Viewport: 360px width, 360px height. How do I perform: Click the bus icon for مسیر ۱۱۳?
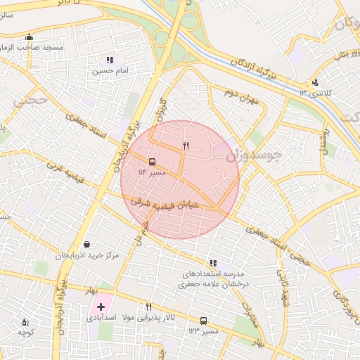pos(153,160)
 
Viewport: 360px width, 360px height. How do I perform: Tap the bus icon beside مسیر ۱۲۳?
pos(203,320)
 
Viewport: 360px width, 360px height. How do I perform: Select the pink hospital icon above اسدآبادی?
pos(100,307)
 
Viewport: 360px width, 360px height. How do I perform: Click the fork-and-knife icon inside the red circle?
pos(186,146)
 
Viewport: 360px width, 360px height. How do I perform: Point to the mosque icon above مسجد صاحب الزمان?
pos(29,37)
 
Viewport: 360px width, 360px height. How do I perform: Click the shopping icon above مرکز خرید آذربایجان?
pos(86,244)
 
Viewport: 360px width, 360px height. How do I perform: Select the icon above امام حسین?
pos(109,60)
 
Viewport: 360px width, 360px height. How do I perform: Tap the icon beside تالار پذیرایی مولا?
pos(148,307)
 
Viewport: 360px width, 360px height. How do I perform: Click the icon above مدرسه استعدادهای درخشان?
pos(213,263)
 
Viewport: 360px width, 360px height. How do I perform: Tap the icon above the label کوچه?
pos(26,321)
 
